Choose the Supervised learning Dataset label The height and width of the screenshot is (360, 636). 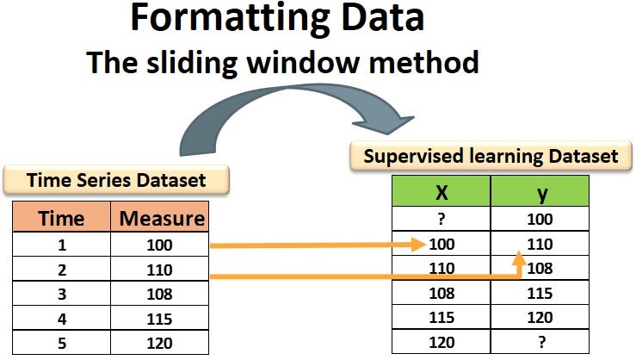tap(491, 156)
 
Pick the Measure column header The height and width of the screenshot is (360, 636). tap(161, 218)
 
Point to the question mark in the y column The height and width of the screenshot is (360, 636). tap(540, 342)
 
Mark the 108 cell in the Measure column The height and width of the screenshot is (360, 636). tap(160, 294)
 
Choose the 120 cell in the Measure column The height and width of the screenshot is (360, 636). tap(160, 342)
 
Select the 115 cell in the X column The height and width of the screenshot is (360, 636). tap(440, 318)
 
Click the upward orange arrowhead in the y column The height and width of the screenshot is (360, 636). tap(519, 258)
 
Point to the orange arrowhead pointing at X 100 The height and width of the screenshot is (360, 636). tap(419, 245)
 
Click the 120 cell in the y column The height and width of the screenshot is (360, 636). tap(540, 318)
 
